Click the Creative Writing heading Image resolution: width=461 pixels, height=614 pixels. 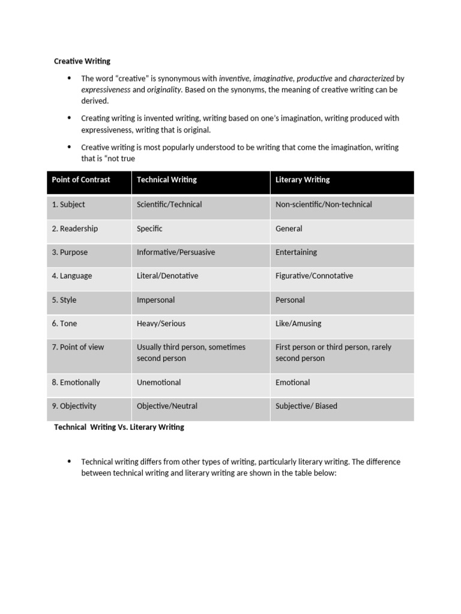[82, 61]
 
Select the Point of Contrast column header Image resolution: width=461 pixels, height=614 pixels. [81, 179]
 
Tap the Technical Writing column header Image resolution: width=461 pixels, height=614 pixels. [166, 179]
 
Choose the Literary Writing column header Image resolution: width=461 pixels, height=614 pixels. [303, 179]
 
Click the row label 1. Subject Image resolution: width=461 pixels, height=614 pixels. [68, 204]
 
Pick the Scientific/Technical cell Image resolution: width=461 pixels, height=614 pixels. [169, 204]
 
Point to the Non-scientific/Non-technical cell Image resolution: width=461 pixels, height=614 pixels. [324, 204]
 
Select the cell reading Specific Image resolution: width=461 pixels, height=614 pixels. [149, 228]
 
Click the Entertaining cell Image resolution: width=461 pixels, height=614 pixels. [296, 252]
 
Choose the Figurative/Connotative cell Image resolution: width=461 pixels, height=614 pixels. [314, 276]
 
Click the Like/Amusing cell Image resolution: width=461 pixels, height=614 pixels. [298, 323]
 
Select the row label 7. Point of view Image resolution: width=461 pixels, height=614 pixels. [77, 347]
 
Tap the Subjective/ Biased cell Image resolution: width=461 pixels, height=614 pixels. [306, 406]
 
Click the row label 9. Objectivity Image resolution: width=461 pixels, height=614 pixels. [74, 406]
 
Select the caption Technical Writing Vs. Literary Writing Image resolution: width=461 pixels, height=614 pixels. [119, 428]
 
